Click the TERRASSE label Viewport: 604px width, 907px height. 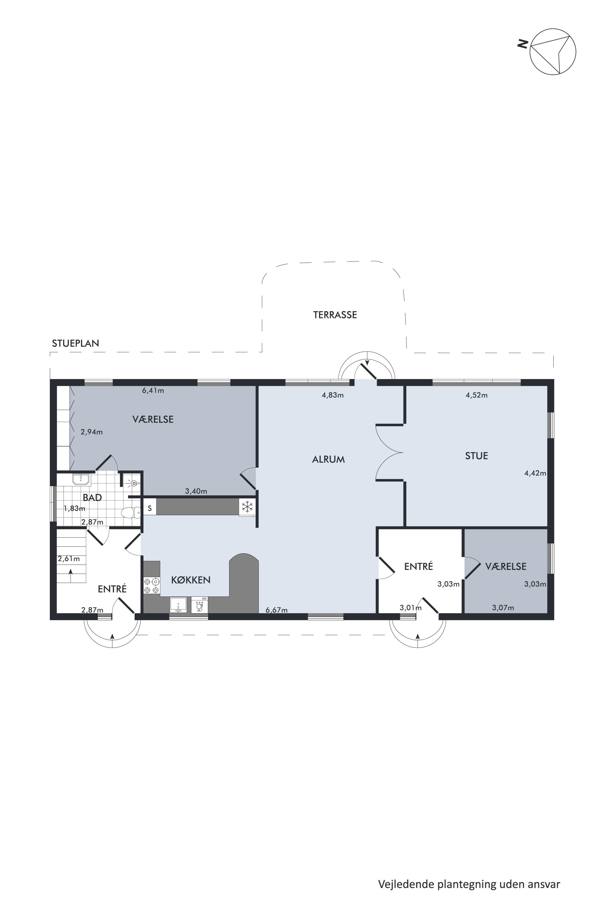(x=335, y=315)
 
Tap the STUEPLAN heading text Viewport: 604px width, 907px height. (x=75, y=343)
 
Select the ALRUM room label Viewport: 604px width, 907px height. (x=328, y=459)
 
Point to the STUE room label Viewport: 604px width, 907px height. (x=477, y=456)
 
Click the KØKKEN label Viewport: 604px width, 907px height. (x=191, y=580)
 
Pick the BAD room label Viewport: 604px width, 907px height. (x=92, y=497)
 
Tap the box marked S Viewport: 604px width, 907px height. (x=150, y=508)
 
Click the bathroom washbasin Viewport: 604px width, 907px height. (x=81, y=479)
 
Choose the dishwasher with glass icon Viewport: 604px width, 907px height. (x=200, y=604)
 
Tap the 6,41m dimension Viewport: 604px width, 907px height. (x=153, y=391)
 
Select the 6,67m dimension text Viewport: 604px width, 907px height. (x=277, y=610)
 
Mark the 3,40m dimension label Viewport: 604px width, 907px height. (x=196, y=491)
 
